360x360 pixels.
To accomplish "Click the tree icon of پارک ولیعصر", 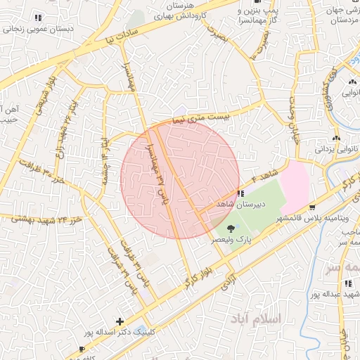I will click(231, 227).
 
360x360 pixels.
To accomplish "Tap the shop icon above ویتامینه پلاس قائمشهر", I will click(311, 207).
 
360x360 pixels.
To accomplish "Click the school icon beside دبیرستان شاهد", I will click(240, 193).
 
